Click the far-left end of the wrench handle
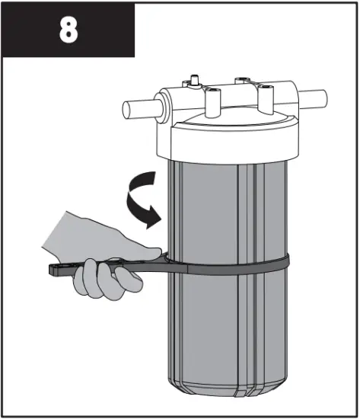pyautogui.click(x=55, y=268)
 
